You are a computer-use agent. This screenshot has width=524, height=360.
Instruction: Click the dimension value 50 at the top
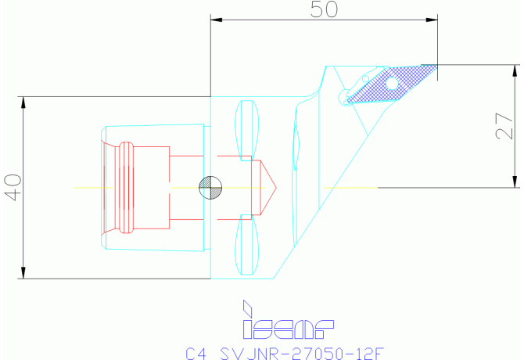click(x=324, y=10)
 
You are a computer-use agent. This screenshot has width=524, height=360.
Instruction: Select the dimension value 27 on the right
click(x=506, y=123)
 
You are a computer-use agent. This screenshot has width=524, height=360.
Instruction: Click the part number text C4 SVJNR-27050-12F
click(x=285, y=352)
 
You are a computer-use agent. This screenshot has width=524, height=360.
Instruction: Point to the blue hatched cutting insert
click(x=389, y=85)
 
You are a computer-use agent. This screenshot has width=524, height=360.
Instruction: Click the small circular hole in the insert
click(x=391, y=81)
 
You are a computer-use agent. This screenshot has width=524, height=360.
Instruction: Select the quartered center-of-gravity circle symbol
click(x=210, y=187)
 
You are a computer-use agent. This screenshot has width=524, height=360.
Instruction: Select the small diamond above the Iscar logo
click(x=248, y=305)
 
